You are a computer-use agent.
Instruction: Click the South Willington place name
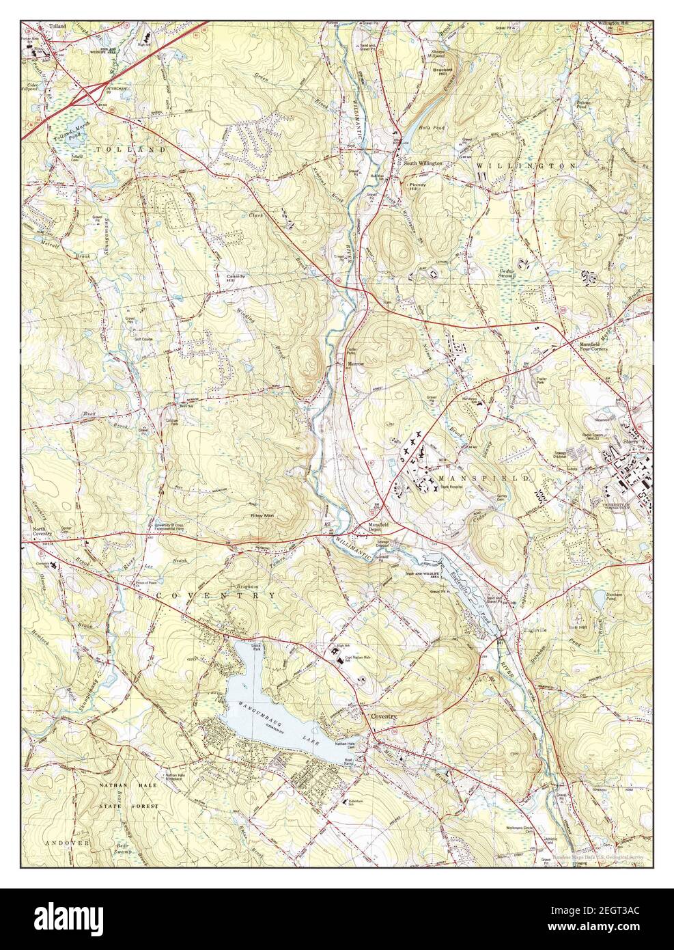(x=423, y=164)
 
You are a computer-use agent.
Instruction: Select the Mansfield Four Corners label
(x=589, y=346)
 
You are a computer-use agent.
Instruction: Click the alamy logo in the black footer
(x=74, y=919)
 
